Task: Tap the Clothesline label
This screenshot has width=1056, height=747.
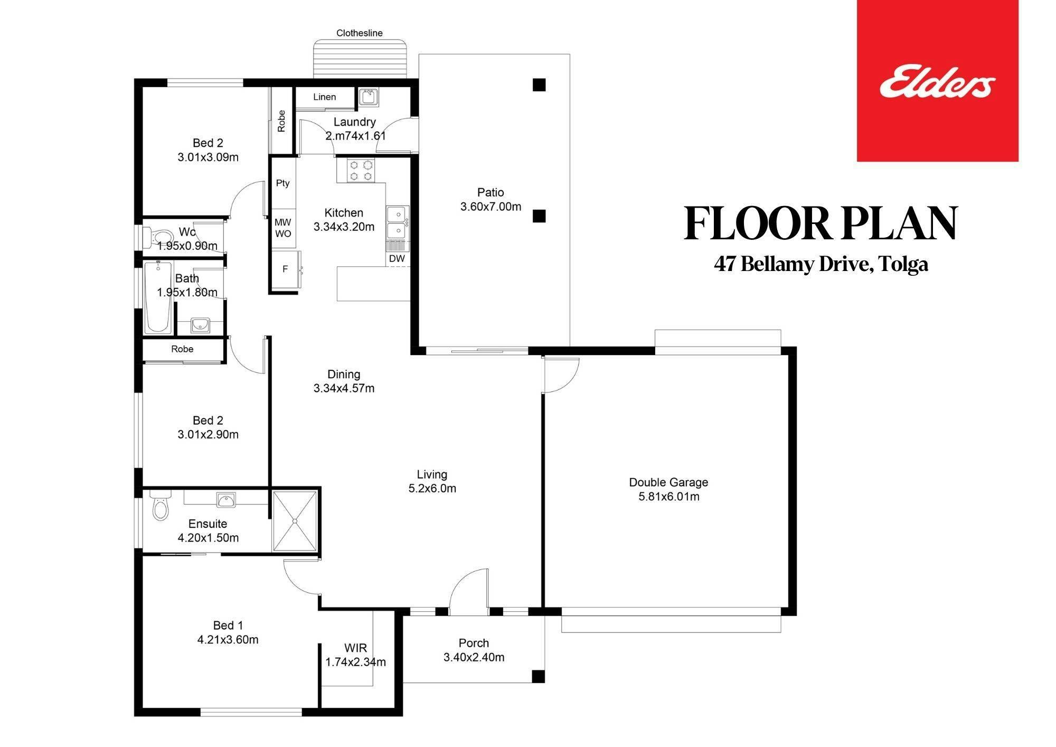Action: [x=360, y=33]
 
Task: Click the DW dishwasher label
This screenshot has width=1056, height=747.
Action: [x=397, y=258]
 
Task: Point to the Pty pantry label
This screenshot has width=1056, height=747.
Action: [x=283, y=183]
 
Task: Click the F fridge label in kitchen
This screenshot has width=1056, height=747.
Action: [x=285, y=269]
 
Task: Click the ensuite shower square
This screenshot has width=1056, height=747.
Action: [x=295, y=521]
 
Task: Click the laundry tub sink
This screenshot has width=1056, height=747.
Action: [x=367, y=97]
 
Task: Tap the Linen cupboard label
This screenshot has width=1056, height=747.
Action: [x=324, y=97]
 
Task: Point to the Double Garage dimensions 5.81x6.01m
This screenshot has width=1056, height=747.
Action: [x=669, y=497]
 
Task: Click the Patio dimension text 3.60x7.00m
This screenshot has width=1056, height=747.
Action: [x=491, y=207]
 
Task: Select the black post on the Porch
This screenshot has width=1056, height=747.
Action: [x=538, y=676]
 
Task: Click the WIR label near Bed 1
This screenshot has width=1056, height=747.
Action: [x=355, y=648]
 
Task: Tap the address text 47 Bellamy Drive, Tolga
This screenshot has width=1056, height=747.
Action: [x=821, y=264]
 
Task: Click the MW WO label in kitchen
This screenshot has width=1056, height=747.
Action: [x=283, y=228]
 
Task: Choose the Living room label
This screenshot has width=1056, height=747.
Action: [x=432, y=474]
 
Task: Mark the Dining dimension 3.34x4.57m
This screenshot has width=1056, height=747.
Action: [x=344, y=388]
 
